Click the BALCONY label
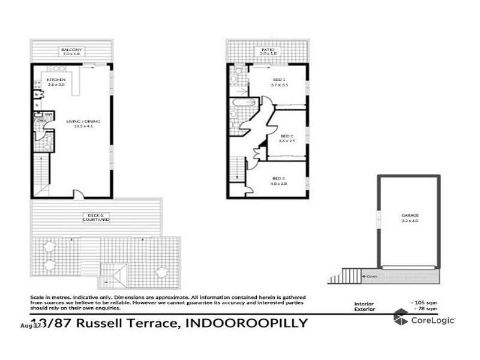click(71, 49)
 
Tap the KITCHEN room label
click(56, 80)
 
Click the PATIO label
click(268, 49)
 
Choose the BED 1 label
click(280, 80)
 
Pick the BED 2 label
click(287, 136)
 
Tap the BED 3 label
click(278, 178)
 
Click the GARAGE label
click(410, 215)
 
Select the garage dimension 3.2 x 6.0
click(410, 220)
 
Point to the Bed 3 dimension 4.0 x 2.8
click(279, 184)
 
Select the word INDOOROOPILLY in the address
click(248, 323)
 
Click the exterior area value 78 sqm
click(424, 309)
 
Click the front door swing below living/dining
click(78, 194)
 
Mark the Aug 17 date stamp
click(30, 326)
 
